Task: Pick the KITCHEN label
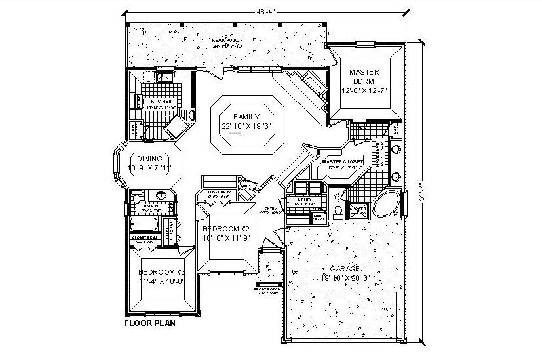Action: (x=161, y=102)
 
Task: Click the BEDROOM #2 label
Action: (x=225, y=228)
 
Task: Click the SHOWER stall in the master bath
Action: (x=357, y=209)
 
